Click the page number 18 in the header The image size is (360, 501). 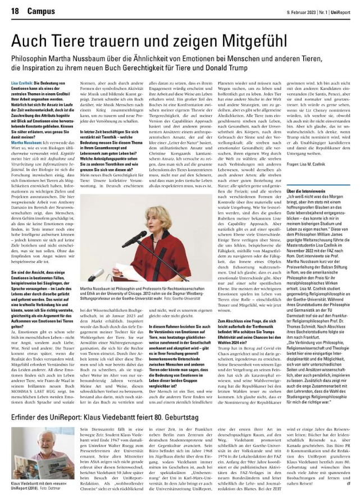(15, 10)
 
